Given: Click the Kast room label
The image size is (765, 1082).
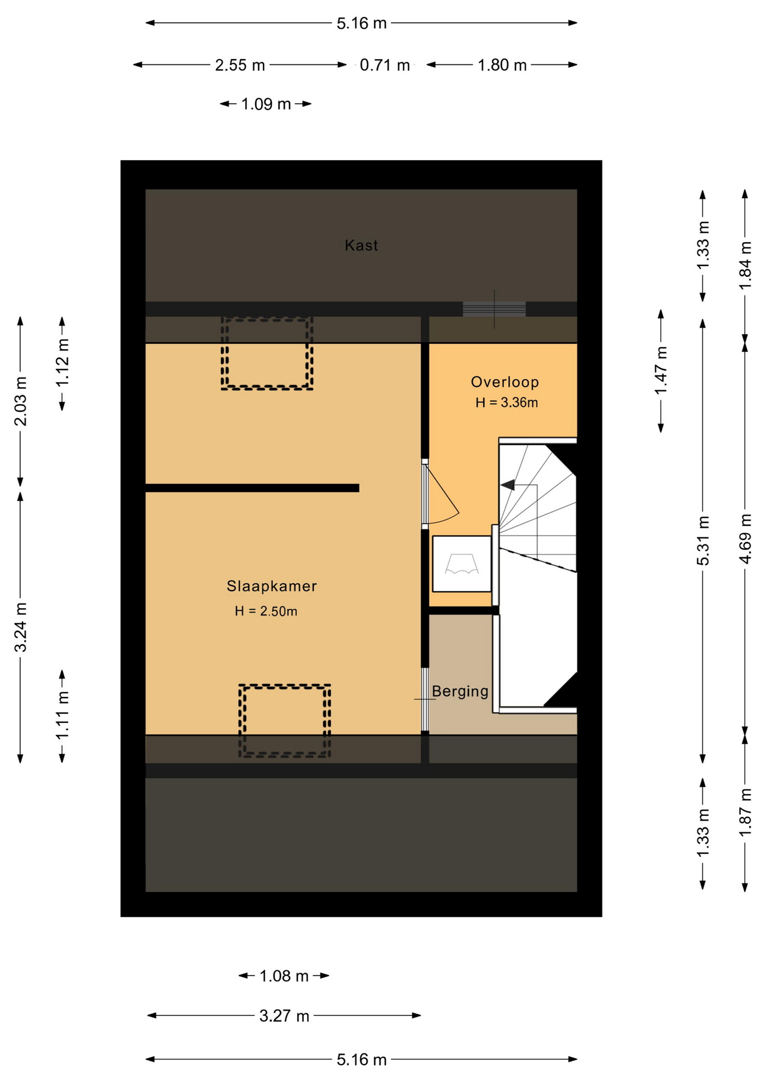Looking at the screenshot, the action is click(361, 245).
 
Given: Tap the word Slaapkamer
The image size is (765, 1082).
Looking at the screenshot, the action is click(272, 586).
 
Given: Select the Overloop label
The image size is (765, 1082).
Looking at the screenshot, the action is click(505, 382).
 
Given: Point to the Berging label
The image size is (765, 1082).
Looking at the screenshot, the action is click(460, 691).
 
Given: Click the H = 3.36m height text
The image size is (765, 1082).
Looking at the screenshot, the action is click(506, 402).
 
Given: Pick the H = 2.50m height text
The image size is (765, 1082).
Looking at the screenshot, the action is click(266, 611).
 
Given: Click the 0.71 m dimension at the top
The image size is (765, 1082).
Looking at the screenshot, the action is click(385, 65).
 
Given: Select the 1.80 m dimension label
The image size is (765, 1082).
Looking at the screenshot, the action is click(502, 65).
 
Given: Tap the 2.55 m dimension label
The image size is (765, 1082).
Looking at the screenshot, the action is click(240, 65).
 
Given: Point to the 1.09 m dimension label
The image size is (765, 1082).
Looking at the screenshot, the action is click(266, 104).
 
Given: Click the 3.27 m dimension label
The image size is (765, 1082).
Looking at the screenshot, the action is click(284, 1016).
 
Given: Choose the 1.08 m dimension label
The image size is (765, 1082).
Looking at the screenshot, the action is click(284, 975).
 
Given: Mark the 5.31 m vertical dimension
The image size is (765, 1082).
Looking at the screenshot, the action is click(702, 540).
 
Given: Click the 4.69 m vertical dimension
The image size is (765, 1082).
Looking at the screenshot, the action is click(745, 539).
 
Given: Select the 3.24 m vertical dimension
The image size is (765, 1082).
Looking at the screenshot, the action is click(20, 627).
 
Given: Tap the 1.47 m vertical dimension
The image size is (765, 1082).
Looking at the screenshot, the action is click(661, 370).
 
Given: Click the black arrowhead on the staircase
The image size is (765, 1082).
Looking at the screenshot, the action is click(508, 485).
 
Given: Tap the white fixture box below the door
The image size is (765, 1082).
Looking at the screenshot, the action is click(462, 564).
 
